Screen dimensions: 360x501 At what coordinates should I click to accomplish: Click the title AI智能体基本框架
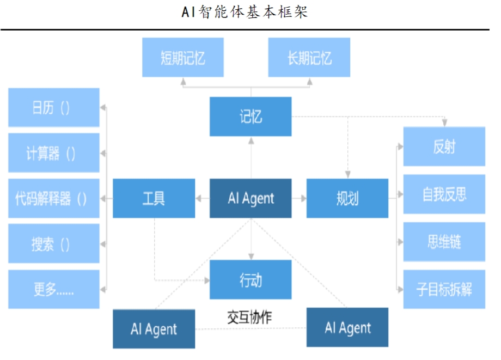click(x=245, y=12)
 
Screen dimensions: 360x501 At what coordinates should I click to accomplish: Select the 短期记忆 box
click(x=183, y=57)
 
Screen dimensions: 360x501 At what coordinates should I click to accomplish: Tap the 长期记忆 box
click(x=309, y=57)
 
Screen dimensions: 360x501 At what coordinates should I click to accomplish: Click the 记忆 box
click(x=250, y=117)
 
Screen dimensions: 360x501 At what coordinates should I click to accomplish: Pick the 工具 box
click(x=154, y=198)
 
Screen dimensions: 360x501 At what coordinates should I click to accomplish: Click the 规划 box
click(x=347, y=198)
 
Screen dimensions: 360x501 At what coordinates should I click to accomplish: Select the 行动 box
click(x=250, y=279)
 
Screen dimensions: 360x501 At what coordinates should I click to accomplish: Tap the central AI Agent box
click(x=250, y=198)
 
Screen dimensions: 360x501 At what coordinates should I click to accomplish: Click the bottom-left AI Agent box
click(x=154, y=328)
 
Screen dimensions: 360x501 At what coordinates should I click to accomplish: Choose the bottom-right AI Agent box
click(x=347, y=327)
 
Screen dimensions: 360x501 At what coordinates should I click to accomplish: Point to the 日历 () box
click(x=54, y=107)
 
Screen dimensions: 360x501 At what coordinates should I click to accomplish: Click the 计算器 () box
click(x=54, y=153)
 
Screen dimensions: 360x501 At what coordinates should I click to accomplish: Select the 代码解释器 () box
click(x=54, y=198)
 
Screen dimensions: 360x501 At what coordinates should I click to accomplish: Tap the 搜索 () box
click(x=54, y=243)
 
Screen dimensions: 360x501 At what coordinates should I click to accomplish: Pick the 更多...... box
click(x=54, y=289)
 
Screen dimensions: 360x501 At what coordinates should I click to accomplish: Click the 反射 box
click(x=444, y=147)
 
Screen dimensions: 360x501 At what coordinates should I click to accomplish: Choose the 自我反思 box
click(x=444, y=194)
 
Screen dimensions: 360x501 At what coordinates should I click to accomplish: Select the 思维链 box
click(x=444, y=241)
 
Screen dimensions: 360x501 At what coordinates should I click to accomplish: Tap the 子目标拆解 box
click(x=444, y=289)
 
